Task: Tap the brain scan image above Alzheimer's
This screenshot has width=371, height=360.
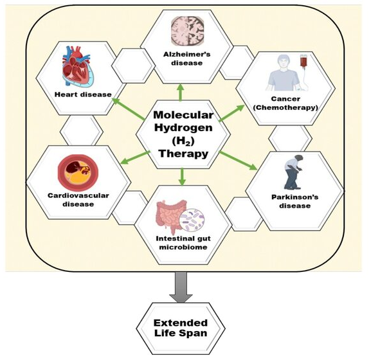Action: coord(188,31)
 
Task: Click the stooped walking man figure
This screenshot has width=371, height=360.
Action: coord(293,172)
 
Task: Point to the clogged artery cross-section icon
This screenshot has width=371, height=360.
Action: coord(78,171)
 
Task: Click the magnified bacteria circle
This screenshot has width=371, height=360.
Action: coord(192,220)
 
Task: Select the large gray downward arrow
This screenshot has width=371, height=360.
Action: coord(181,287)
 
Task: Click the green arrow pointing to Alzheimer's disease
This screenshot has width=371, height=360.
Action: coord(181,93)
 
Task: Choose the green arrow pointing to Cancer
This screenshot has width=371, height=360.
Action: coord(231,113)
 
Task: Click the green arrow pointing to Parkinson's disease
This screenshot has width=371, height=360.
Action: coord(238,161)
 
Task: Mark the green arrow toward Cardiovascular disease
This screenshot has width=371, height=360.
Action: coord(135,157)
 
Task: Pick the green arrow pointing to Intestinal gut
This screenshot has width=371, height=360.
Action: coord(182,176)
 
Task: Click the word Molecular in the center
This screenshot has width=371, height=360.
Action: coord(183,115)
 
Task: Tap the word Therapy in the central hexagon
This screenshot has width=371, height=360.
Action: coord(183,154)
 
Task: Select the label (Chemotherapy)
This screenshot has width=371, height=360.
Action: coord(285,107)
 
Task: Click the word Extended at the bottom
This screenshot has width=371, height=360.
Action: coord(181,323)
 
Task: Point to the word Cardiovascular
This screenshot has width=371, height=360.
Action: coord(78,195)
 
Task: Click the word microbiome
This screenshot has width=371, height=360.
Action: coord(183,247)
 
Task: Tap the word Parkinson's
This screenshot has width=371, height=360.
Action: coord(295,197)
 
